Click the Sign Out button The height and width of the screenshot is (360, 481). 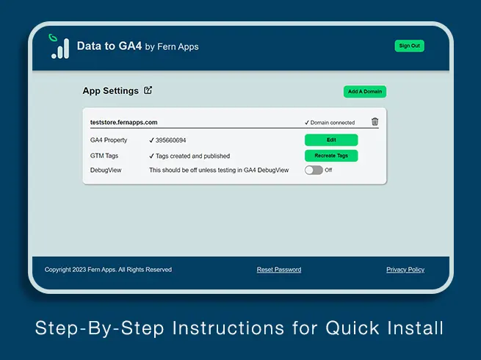coord(409,46)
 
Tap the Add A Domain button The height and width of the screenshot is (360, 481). coord(365,91)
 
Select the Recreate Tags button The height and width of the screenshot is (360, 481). coord(331,156)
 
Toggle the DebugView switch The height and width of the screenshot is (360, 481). coord(314,170)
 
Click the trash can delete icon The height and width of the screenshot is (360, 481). coord(375,121)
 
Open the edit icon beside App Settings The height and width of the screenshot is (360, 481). coord(148,90)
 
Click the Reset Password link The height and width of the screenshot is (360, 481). coord(279,270)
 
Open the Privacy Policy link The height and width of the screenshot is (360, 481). coord(405,270)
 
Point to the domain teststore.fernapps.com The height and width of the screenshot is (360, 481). coord(123,122)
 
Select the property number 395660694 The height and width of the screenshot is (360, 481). coord(170,140)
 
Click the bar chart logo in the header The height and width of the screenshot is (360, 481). coord(59,46)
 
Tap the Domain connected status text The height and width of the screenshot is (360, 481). coord(330,123)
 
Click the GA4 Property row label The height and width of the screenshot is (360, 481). coord(109,140)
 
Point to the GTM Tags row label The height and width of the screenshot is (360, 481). coord(104,156)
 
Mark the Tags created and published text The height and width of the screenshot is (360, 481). coord(192,156)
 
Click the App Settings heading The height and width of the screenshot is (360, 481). coord(110,91)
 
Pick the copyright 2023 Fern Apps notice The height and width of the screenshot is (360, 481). coord(108,270)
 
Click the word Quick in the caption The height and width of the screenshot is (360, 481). coord(352,328)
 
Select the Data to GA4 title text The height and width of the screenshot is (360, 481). coord(109,46)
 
